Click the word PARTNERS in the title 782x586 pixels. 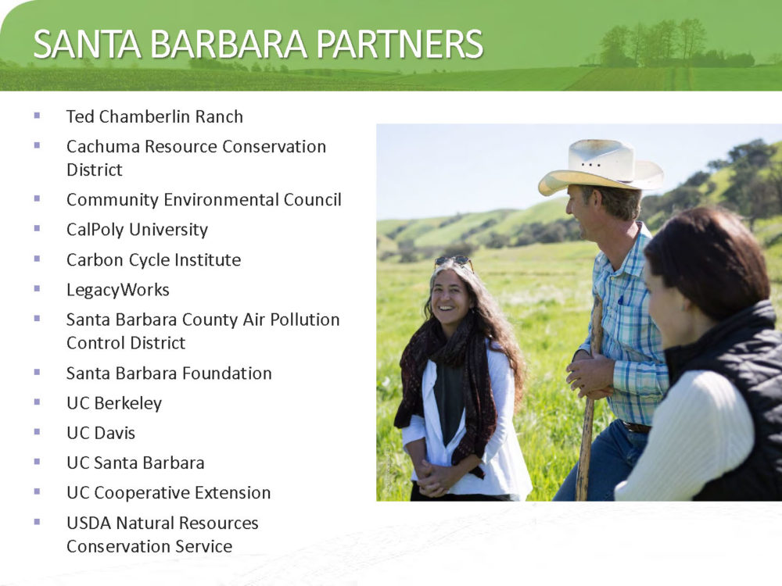point(400,44)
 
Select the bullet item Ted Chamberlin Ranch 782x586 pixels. point(155,116)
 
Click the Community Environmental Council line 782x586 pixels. point(204,200)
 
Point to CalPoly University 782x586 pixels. point(137,230)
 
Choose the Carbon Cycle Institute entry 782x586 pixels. point(153,259)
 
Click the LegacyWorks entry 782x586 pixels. point(118,290)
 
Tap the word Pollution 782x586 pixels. point(305,320)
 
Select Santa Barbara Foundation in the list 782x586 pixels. point(169,373)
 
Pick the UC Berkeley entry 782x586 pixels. point(114,404)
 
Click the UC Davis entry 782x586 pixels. point(101,433)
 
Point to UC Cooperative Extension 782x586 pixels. point(169,493)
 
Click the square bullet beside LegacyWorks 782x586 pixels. point(37,288)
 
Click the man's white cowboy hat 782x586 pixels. point(601,167)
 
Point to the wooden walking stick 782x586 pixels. point(589,398)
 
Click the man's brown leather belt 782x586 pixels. point(635,427)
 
